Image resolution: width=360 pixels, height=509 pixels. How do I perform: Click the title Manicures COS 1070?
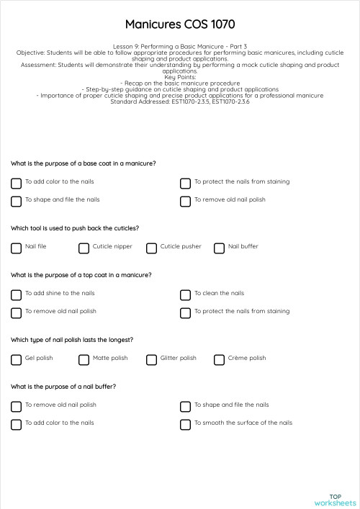click(180, 24)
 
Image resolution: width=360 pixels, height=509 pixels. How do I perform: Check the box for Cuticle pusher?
click(151, 248)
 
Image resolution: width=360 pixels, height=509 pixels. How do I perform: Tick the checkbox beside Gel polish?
click(16, 360)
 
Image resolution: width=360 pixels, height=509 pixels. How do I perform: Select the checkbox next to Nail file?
click(16, 248)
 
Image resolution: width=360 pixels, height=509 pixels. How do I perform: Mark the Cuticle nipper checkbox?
click(84, 248)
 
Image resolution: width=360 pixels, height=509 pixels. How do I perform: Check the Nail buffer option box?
click(219, 248)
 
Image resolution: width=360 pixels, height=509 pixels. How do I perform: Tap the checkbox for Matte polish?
click(84, 360)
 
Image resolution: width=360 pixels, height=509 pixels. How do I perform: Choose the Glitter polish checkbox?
click(151, 360)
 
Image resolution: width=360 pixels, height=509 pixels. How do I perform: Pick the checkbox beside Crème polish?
click(219, 360)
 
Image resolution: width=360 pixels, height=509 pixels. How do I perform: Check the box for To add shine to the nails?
click(16, 295)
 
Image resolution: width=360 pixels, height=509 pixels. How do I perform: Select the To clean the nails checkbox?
click(185, 295)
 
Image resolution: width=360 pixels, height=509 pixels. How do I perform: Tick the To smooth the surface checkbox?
click(185, 425)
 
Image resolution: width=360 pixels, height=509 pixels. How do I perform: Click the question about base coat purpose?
click(83, 163)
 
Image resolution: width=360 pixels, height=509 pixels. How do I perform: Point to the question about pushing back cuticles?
click(75, 228)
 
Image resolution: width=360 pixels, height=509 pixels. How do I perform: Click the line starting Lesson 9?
click(180, 46)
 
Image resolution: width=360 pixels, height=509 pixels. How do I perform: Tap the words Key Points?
click(180, 77)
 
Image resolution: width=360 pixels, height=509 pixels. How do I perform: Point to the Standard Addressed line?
click(180, 102)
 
